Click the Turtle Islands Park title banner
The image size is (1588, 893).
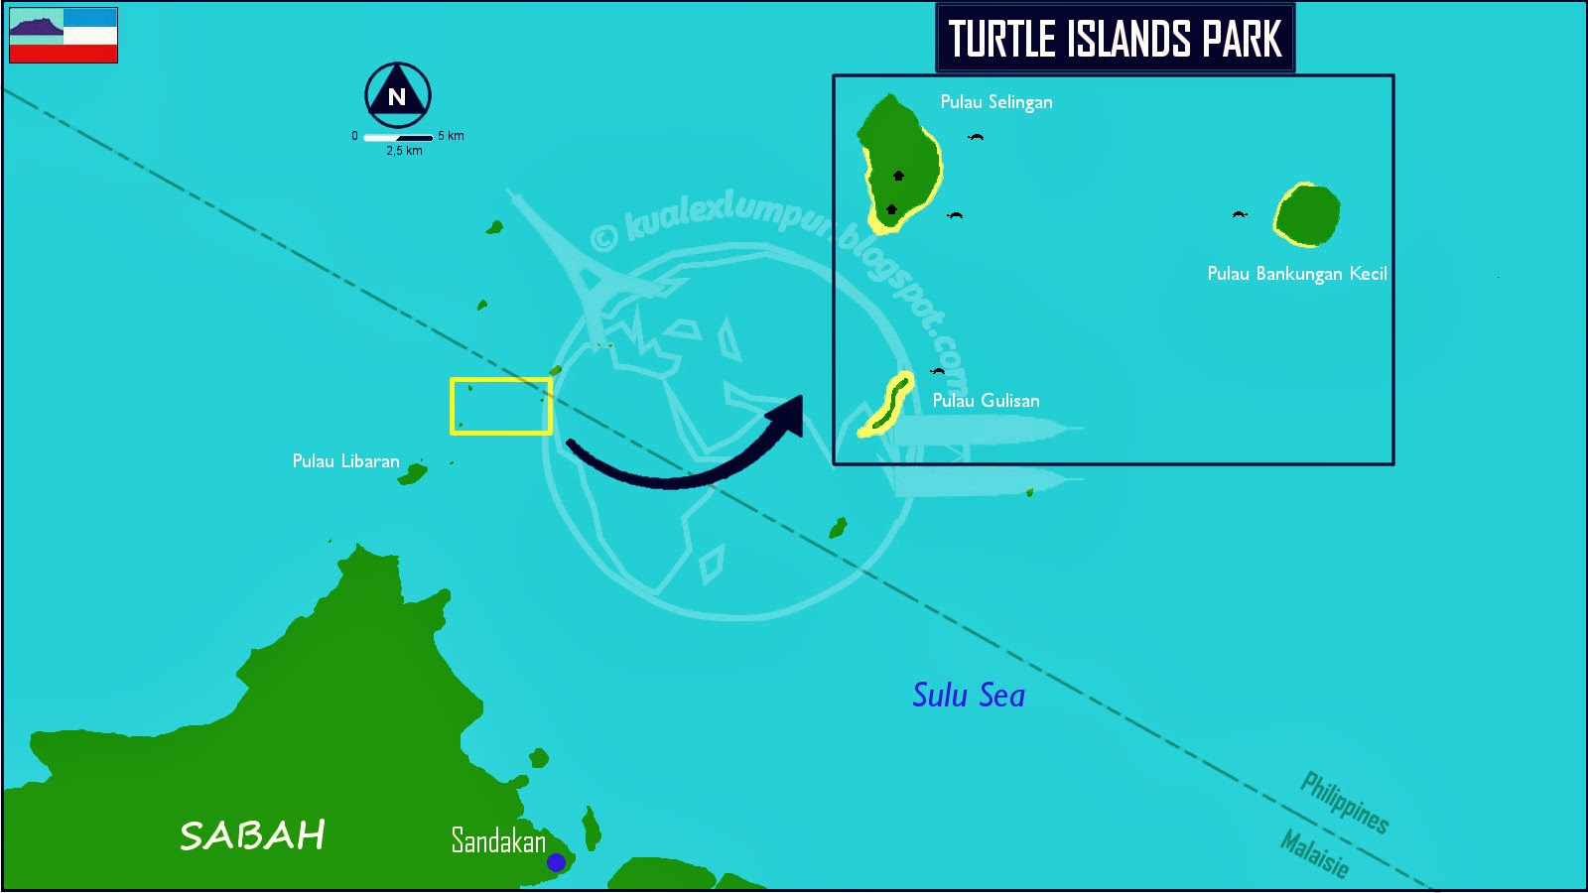pos(1115,39)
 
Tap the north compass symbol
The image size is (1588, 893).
pos(397,95)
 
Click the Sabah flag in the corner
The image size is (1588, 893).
pos(64,36)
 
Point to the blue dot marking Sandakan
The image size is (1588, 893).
pos(556,862)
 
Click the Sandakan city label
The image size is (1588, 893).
pos(498,840)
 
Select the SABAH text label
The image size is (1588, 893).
pos(252,835)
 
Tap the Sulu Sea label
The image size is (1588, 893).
pos(969,695)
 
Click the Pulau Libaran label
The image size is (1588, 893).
pos(345,461)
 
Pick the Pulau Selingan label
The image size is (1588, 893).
pos(996,102)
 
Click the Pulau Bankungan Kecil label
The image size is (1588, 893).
pos(1296,274)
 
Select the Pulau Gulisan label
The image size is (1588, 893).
pos(986,401)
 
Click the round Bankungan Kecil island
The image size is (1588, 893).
pos(1307,214)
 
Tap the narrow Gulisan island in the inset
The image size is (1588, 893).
pos(887,405)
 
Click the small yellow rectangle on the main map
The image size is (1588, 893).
pos(501,406)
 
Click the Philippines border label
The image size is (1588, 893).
pos(1345,802)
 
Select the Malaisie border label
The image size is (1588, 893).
pos(1315,853)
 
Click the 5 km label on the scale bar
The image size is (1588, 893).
pos(451,136)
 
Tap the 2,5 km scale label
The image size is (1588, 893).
pos(404,151)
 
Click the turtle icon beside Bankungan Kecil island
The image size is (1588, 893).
pos(1239,214)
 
